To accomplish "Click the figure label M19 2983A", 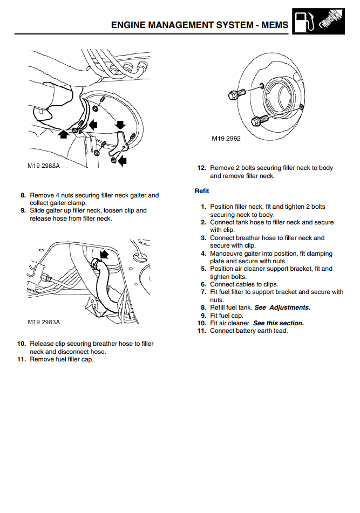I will [x=44, y=322].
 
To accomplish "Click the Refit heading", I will [x=202, y=191].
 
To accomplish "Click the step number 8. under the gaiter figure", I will [x=23, y=195].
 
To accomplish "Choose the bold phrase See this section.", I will [x=279, y=323].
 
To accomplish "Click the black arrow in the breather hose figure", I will [x=104, y=254].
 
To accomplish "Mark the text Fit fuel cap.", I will [x=226, y=316].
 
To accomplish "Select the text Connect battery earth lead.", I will [x=249, y=331].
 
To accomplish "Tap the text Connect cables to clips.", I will [x=244, y=284].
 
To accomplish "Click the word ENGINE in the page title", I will [x=131, y=25].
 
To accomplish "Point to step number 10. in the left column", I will [x=22, y=344].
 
